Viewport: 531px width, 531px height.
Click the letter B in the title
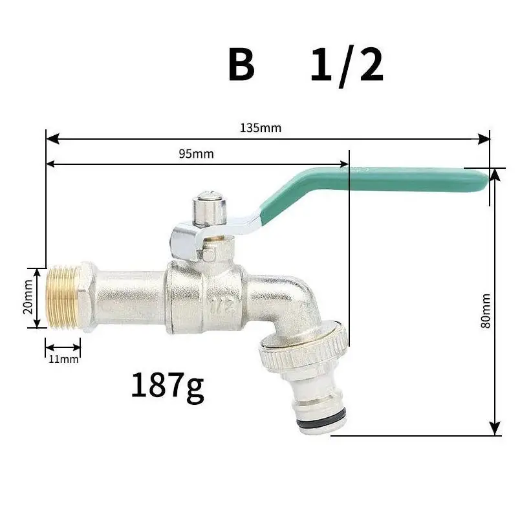[241, 65]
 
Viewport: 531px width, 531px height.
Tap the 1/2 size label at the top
[347, 65]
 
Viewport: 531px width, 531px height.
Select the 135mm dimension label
[261, 127]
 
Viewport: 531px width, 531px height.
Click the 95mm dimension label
[195, 154]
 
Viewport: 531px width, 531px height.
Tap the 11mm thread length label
[63, 358]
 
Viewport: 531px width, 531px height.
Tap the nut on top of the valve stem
[208, 205]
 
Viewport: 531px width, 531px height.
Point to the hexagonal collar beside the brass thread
[87, 297]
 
